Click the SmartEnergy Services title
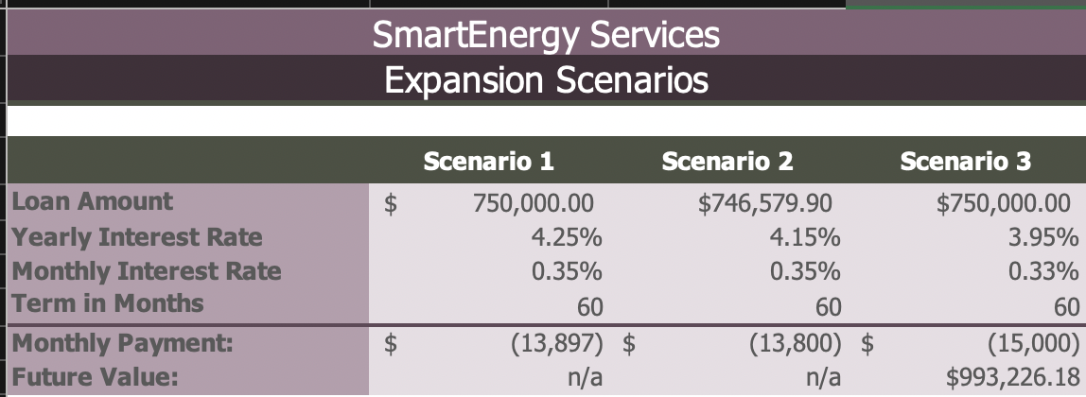coord(546,36)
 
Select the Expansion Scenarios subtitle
coord(546,80)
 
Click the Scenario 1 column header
coord(488,162)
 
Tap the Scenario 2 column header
coord(727,162)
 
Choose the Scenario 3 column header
coord(965,162)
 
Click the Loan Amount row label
coord(92,201)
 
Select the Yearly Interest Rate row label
coord(136,236)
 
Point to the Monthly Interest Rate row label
coord(146,271)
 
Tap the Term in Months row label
coord(107,304)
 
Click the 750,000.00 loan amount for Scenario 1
coord(534,202)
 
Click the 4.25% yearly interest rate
coord(567,236)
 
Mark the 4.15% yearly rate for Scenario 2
coord(805,236)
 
